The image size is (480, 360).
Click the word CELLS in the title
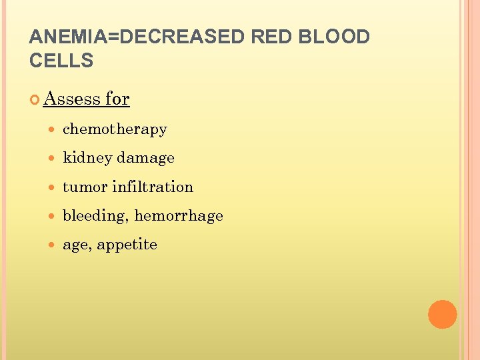pyautogui.click(x=61, y=61)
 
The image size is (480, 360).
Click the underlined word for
pyautogui.click(x=117, y=99)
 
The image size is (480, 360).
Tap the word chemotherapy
pyautogui.click(x=115, y=129)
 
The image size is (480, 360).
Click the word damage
pyautogui.click(x=145, y=158)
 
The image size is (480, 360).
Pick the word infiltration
pyautogui.click(x=153, y=187)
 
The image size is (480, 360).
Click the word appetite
pyautogui.click(x=127, y=245)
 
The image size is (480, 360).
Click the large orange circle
pyautogui.click(x=442, y=315)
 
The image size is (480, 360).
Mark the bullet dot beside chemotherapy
pyautogui.click(x=53, y=129)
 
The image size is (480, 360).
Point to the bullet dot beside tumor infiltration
pyautogui.click(x=53, y=187)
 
